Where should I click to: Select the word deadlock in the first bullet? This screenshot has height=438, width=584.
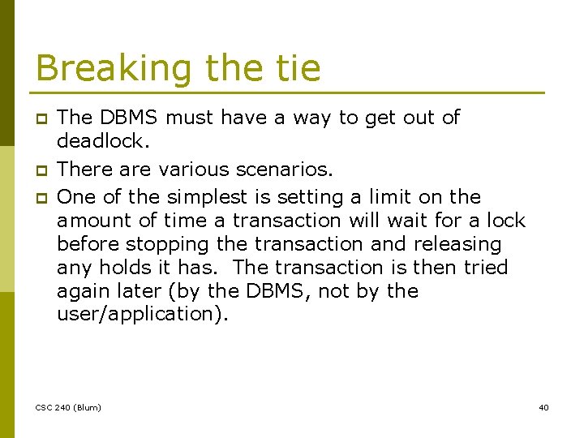click(x=102, y=141)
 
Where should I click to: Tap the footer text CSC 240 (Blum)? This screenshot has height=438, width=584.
click(x=68, y=407)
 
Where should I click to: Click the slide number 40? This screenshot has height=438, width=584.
click(x=543, y=407)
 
